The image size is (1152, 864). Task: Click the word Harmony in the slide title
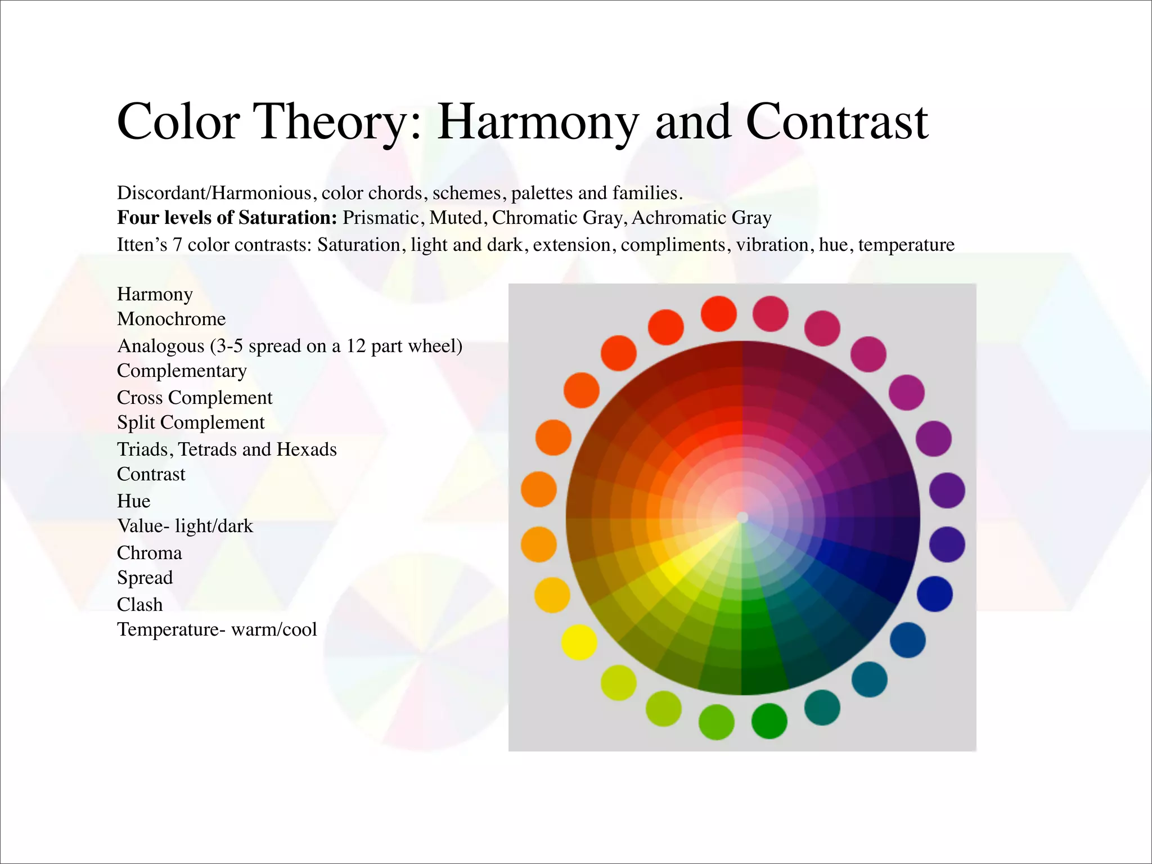[538, 123]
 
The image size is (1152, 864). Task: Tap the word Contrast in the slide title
[836, 123]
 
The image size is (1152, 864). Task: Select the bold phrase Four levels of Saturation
[227, 218]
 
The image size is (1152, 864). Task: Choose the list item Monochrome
[171, 319]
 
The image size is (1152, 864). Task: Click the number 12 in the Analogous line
[355, 345]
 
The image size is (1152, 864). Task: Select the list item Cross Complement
[194, 398]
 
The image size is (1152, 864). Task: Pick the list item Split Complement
[190, 422]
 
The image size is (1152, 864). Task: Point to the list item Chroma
[149, 553]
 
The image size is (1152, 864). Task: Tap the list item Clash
[139, 605]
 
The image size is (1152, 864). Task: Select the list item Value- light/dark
[184, 526]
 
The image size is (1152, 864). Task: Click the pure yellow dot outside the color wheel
[579, 642]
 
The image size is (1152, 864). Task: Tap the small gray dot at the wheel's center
[742, 517]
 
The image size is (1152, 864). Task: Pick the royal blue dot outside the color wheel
[934, 594]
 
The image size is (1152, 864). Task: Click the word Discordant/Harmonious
[214, 193]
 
